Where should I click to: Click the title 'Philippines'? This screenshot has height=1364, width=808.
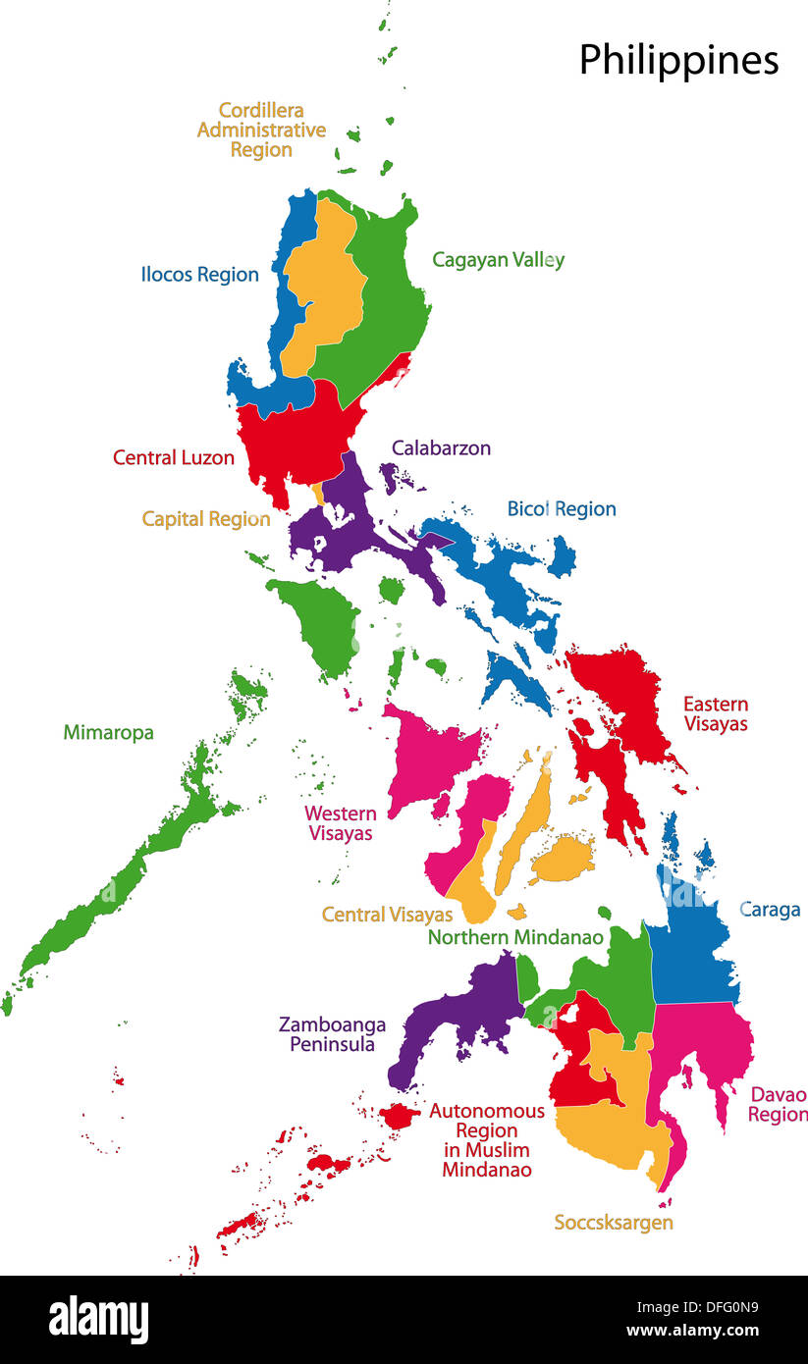pyautogui.click(x=678, y=61)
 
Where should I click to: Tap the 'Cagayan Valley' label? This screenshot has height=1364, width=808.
pyautogui.click(x=498, y=260)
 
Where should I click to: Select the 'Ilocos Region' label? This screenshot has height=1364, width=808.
pyautogui.click(x=199, y=275)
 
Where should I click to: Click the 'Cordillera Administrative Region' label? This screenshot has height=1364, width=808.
pyautogui.click(x=261, y=130)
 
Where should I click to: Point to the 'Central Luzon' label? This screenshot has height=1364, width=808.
pyautogui.click(x=174, y=457)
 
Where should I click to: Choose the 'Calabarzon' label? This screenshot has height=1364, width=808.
pyautogui.click(x=441, y=448)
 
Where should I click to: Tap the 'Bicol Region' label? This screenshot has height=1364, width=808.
pyautogui.click(x=562, y=508)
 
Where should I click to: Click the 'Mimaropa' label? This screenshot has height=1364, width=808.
pyautogui.click(x=108, y=732)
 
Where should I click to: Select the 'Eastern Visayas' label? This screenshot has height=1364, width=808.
pyautogui.click(x=716, y=713)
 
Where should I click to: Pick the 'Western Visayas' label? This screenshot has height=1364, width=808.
pyautogui.click(x=341, y=823)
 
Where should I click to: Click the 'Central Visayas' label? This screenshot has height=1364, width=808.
pyautogui.click(x=387, y=915)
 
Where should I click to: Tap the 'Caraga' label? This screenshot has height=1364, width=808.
pyautogui.click(x=770, y=910)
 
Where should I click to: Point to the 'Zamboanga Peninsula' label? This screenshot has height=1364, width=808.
pyautogui.click(x=332, y=1034)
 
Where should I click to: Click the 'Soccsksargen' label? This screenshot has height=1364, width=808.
pyautogui.click(x=614, y=1223)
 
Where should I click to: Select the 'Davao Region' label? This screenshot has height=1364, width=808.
pyautogui.click(x=778, y=1105)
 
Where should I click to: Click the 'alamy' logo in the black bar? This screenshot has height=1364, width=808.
pyautogui.click(x=98, y=1320)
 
